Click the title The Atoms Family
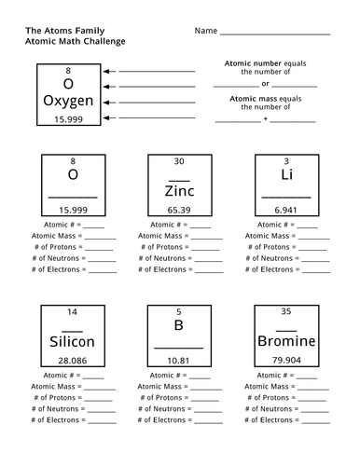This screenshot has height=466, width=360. [57, 30]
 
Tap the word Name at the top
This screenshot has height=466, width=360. [206, 31]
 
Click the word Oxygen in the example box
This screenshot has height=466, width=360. [68, 100]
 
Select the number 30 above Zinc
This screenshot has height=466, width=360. [178, 161]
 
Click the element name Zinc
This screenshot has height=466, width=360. [178, 191]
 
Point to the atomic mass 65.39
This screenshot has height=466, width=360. [178, 210]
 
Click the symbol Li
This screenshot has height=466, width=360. [286, 175]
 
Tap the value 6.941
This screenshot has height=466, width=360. [285, 210]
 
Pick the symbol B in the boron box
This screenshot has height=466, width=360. [179, 325]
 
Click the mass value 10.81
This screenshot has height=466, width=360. [178, 360]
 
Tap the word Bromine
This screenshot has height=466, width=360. [285, 341]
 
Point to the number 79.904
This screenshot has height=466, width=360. [285, 360]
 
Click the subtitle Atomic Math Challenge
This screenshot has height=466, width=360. [75, 41]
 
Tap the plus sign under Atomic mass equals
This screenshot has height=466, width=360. [266, 119]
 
